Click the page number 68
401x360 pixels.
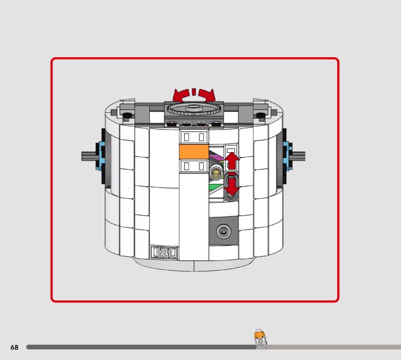(x=15, y=347)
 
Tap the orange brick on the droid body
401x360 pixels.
(x=194, y=152)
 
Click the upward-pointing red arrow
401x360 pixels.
(x=232, y=160)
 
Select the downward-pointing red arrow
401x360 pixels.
(x=232, y=187)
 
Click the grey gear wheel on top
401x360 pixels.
(x=194, y=109)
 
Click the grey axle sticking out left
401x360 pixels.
(x=89, y=156)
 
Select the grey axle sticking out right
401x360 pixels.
(x=298, y=156)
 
